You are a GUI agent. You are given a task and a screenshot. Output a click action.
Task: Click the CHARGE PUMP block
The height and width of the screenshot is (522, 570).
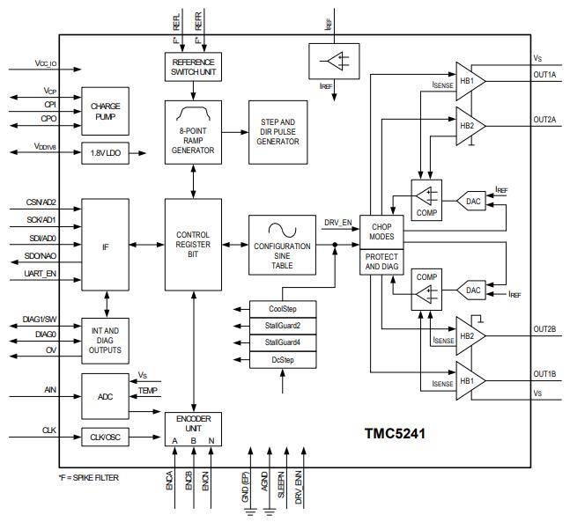(x=106, y=111)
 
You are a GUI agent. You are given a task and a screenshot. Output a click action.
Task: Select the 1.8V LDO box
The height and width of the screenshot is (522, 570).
(x=106, y=152)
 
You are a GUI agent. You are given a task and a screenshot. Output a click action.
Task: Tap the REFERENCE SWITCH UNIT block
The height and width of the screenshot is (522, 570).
(x=194, y=66)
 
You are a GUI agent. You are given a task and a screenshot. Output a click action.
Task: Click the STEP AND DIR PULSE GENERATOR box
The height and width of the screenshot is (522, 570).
(x=278, y=132)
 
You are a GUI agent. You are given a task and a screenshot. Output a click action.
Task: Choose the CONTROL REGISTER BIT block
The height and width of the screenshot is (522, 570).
(x=194, y=244)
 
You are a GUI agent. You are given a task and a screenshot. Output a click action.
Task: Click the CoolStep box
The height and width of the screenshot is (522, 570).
(x=283, y=308)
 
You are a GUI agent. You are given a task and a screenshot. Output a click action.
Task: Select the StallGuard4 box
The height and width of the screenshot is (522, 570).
(x=283, y=342)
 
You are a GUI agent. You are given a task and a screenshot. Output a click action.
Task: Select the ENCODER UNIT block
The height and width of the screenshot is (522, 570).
(x=194, y=428)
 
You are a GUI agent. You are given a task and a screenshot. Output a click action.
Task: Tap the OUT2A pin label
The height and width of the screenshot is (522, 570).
(x=544, y=118)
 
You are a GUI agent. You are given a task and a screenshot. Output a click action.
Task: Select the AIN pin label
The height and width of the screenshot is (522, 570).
(x=49, y=388)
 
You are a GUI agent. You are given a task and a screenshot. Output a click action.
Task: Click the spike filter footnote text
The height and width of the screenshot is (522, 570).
(x=88, y=477)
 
